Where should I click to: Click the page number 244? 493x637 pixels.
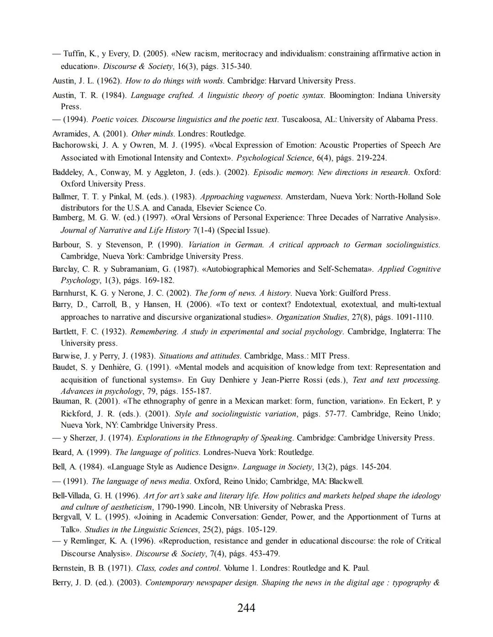(x=246, y=608)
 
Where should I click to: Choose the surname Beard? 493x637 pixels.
(x=63, y=453)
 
